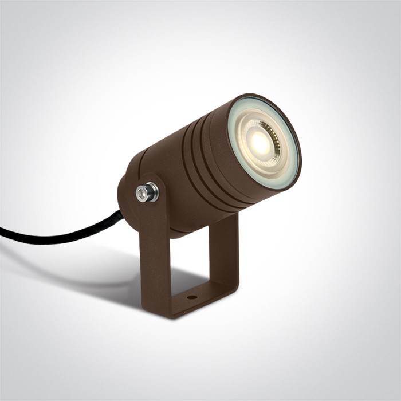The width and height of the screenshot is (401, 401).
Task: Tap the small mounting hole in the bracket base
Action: coord(191,297)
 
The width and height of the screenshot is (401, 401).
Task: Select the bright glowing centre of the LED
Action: coord(260,143)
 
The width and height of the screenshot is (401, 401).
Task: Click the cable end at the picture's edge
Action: coord(2,232)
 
